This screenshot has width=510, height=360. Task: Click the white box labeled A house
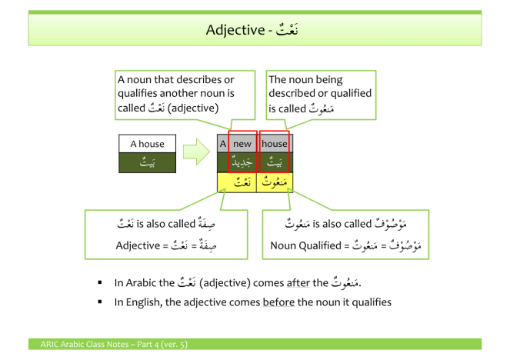147,144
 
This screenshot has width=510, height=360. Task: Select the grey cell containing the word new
242,144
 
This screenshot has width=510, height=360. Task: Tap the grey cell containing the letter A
222,144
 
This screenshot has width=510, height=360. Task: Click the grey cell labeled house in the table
275,144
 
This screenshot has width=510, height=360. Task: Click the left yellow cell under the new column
237,182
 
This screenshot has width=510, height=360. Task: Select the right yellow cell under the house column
275,182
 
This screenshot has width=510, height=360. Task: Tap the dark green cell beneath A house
147,162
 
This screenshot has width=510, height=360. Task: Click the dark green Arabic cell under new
242,162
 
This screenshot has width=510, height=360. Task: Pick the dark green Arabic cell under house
275,162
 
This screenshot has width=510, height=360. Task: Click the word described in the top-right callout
294,93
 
